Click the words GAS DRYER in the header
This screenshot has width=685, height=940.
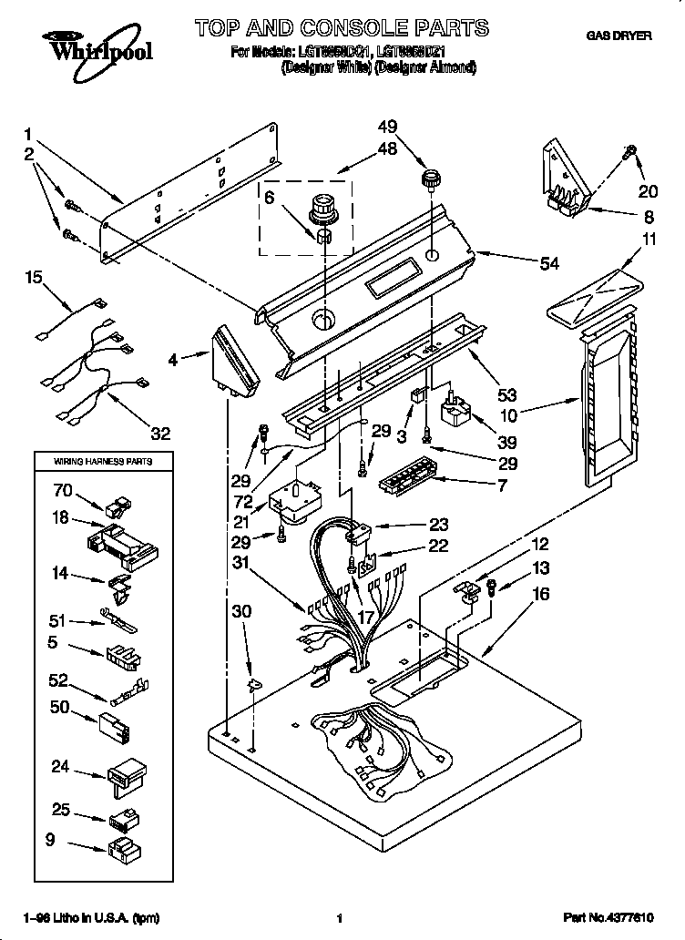click(619, 36)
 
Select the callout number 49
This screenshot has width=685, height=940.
click(388, 127)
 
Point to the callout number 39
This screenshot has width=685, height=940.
click(507, 444)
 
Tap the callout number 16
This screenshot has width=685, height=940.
click(541, 593)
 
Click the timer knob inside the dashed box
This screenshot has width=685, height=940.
click(322, 209)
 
